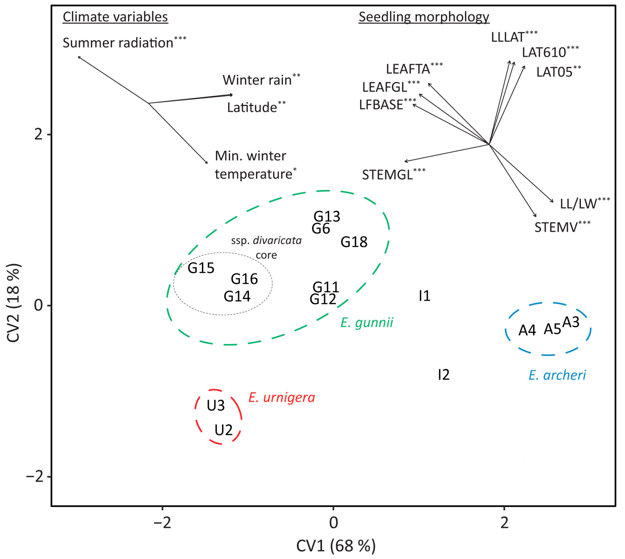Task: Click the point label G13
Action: tap(327, 216)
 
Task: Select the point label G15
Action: tap(201, 268)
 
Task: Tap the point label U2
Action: tap(223, 430)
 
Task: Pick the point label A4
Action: tap(527, 330)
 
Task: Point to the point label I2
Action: tap(444, 375)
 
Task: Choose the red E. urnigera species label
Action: tap(282, 398)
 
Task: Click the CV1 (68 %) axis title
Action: tap(336, 546)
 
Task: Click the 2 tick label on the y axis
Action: tap(38, 135)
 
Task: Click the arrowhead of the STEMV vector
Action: tap(536, 216)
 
